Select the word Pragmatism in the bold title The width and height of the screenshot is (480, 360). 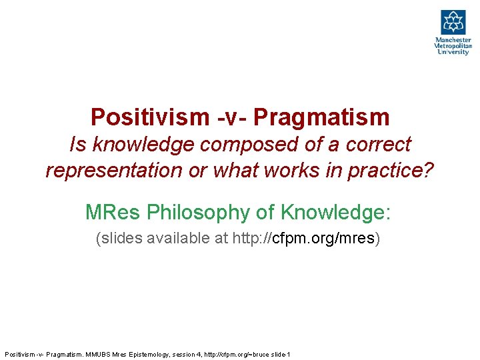point(321,117)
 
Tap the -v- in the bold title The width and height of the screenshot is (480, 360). point(232,117)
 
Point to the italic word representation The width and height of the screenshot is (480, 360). point(114,171)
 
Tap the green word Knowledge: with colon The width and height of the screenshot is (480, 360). point(335,212)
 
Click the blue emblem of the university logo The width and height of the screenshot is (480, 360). point(453,22)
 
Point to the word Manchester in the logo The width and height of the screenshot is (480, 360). point(453,40)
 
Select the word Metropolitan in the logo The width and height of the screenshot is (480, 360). point(453,46)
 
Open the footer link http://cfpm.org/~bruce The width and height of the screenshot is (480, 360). point(235,354)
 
